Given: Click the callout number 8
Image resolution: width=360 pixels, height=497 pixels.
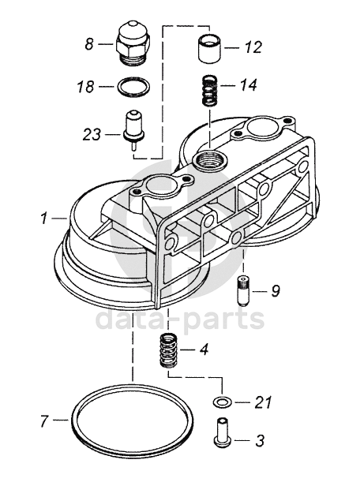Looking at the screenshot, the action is coord(89,43).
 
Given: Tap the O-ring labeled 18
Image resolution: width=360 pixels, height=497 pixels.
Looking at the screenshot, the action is coord(133,86).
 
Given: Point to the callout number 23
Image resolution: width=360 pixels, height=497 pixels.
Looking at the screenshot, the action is coord(92,134).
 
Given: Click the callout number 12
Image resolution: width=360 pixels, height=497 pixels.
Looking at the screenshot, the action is coord(253,47).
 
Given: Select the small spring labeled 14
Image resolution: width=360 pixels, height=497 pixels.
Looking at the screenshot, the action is coord(209,90).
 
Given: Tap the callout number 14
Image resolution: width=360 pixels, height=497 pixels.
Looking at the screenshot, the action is coord(248,85).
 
